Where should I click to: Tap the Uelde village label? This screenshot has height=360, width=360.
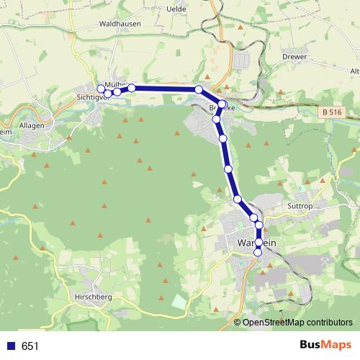pos(176,9)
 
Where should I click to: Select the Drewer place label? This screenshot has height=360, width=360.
pos(295,56)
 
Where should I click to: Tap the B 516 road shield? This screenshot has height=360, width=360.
pos(332,112)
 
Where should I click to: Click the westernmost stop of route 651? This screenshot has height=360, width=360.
pos(101,89)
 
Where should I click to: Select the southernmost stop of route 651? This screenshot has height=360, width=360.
pos(258,272)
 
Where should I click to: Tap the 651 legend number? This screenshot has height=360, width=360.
pos(30,346)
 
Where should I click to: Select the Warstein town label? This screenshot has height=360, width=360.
pos(256,243)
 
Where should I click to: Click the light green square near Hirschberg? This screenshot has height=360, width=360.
pos(178,301)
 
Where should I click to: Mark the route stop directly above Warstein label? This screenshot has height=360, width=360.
pos(259,225)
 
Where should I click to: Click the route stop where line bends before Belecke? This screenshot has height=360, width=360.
pos(199,89)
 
